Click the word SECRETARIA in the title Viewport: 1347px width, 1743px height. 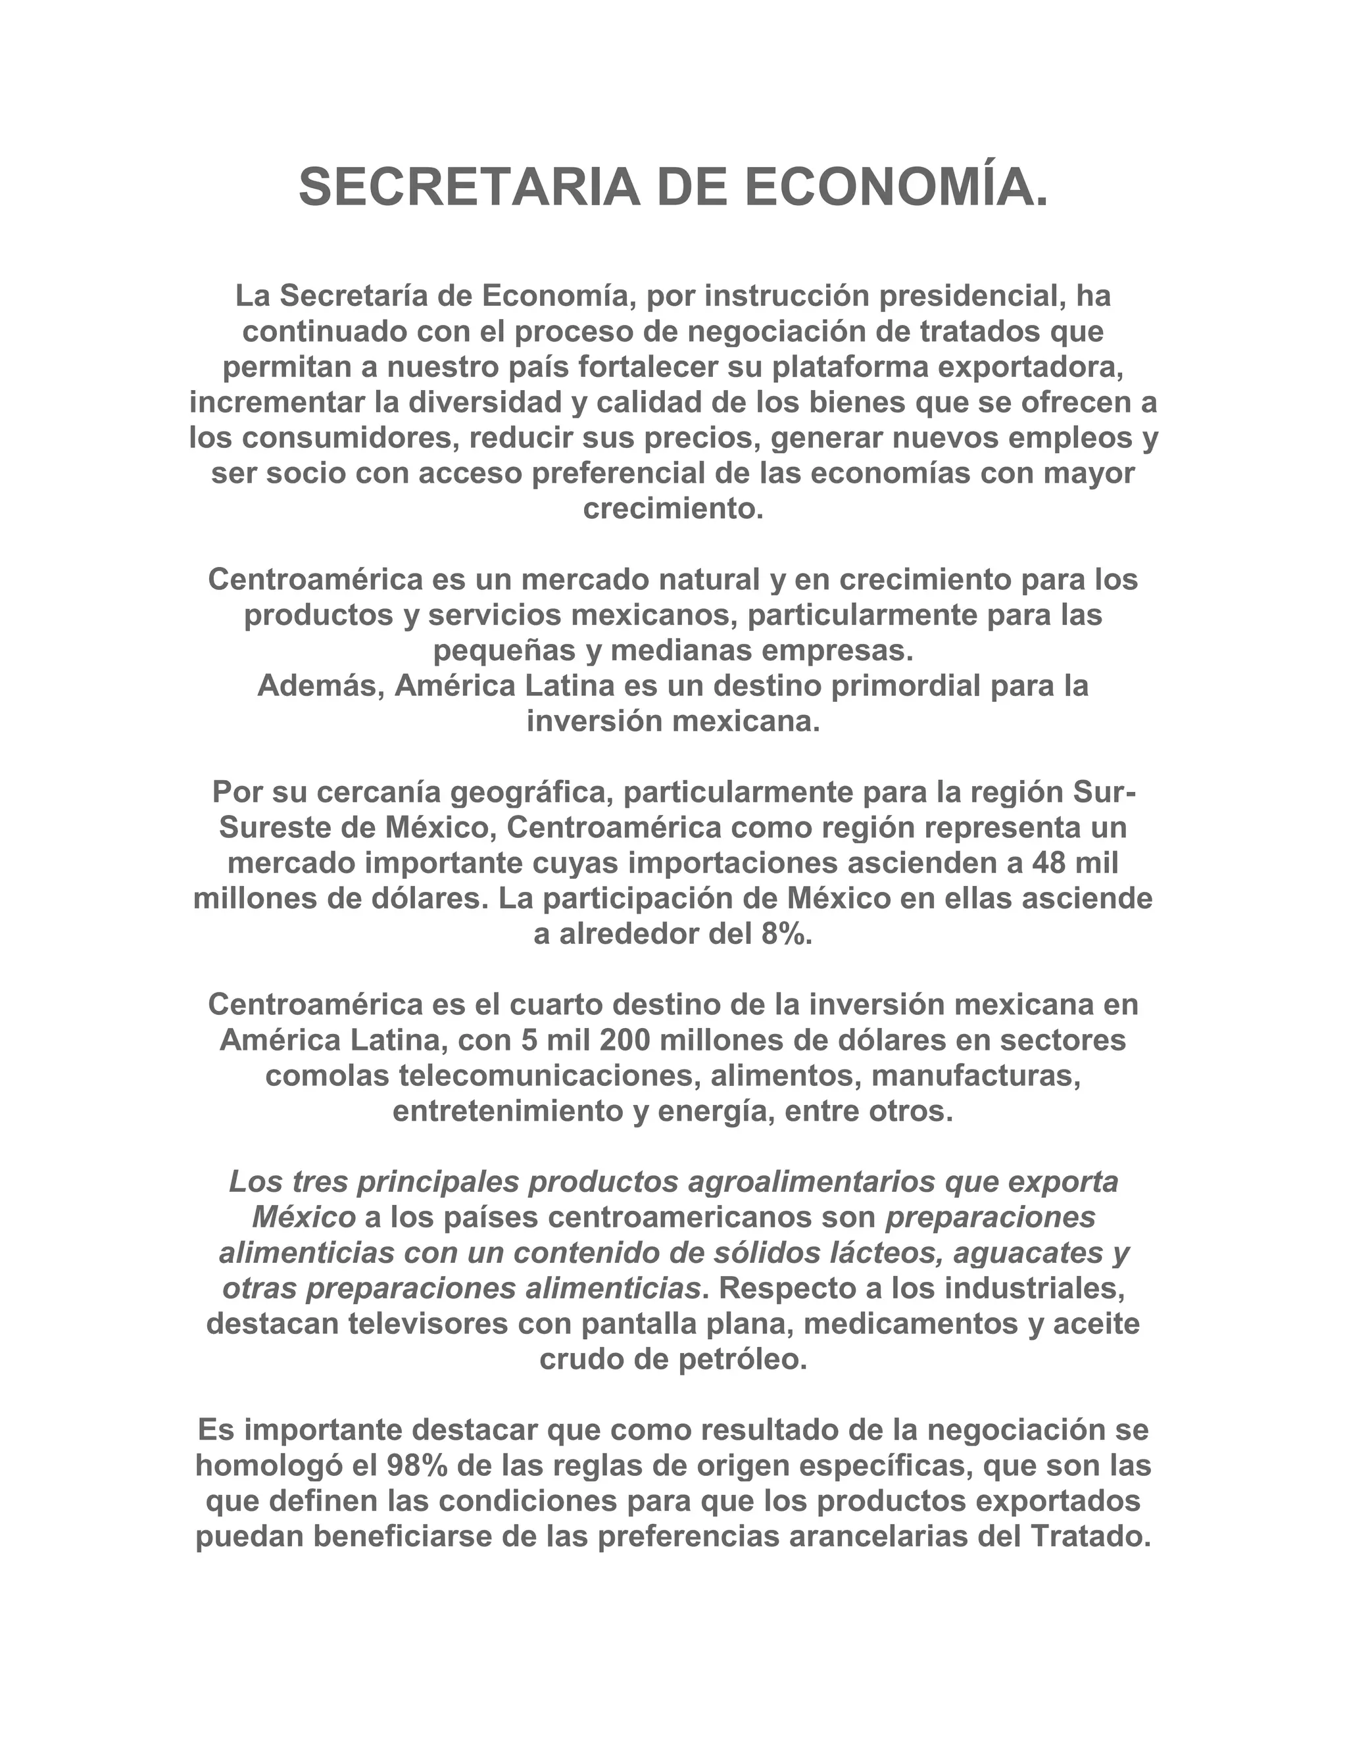(x=468, y=187)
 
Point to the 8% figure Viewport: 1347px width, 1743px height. (x=781, y=935)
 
